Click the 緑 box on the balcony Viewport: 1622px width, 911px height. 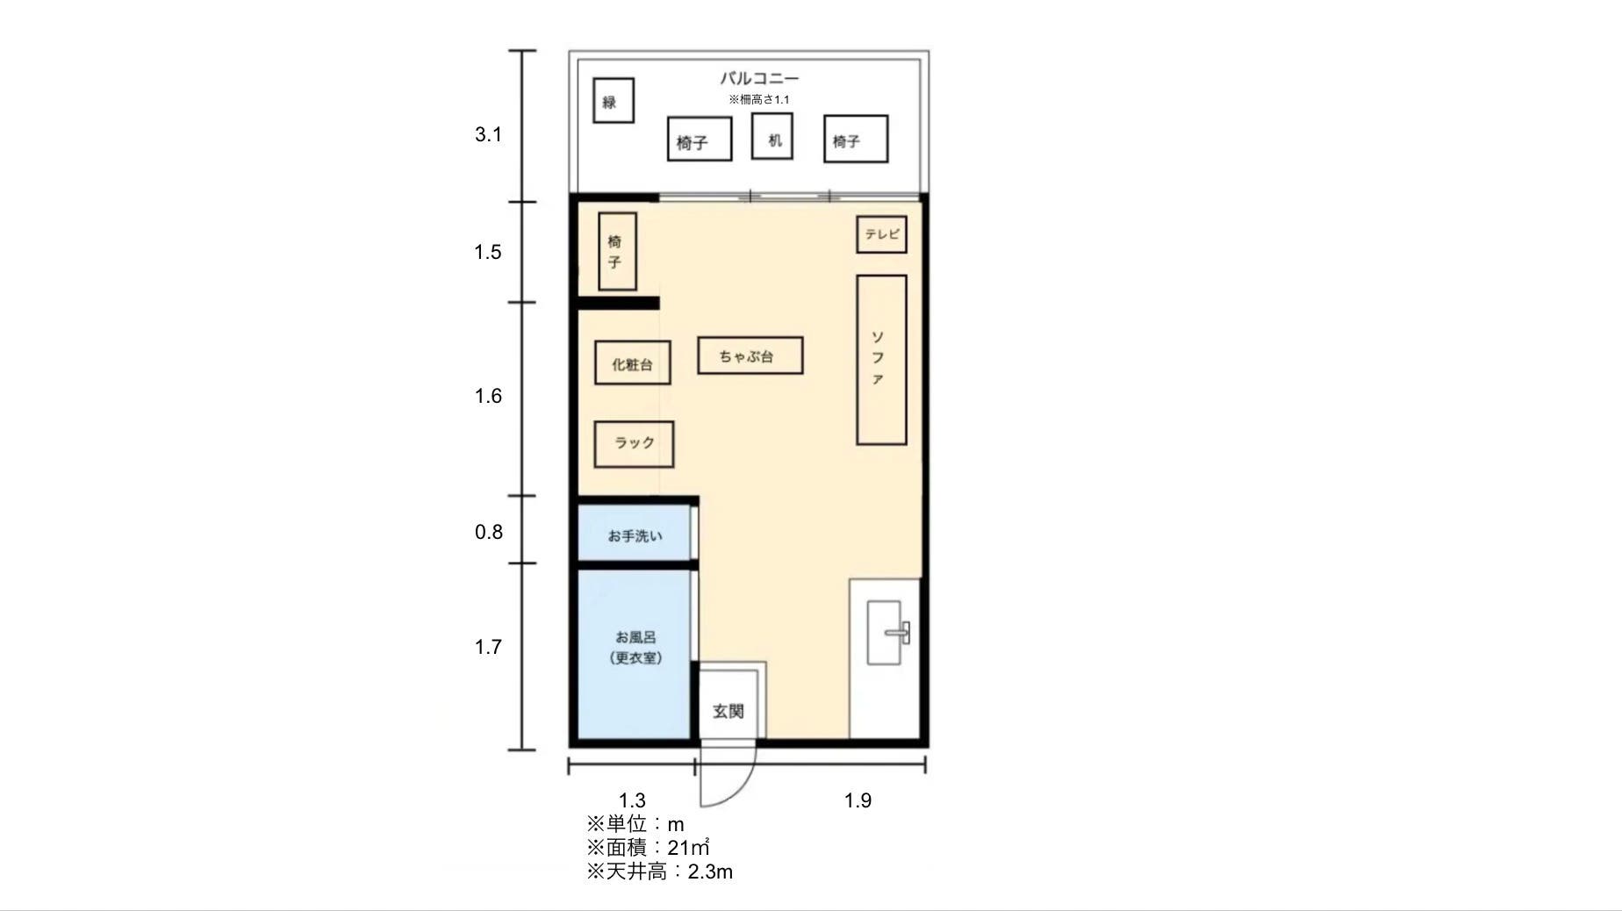tap(613, 101)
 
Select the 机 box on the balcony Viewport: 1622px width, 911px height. tap(772, 137)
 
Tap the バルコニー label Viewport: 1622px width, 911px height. tap(759, 78)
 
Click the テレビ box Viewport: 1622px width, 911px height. tap(881, 235)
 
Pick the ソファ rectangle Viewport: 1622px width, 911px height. tap(880, 360)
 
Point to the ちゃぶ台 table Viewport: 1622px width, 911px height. tap(750, 355)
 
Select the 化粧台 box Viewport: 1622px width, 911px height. tap(632, 363)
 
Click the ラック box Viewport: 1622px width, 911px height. tap(634, 444)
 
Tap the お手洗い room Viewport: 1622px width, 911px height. tap(635, 535)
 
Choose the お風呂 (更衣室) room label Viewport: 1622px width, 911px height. tap(635, 648)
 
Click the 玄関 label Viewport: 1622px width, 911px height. tap(728, 711)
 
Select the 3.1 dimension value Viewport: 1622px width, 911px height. tap(488, 134)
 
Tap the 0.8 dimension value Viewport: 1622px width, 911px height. tap(488, 532)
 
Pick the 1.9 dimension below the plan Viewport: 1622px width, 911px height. tap(858, 800)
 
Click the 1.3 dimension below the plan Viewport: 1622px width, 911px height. tap(632, 800)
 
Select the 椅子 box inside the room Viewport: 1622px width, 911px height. tap(617, 252)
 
